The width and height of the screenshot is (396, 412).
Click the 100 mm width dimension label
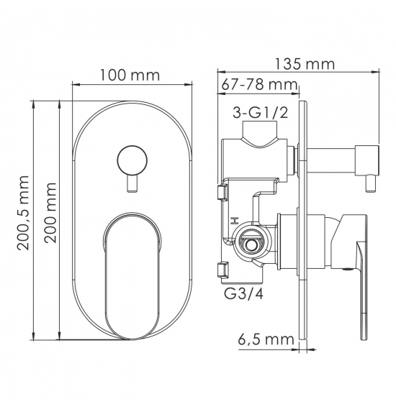[x=130, y=75]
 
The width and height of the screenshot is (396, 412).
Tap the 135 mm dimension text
[x=305, y=64]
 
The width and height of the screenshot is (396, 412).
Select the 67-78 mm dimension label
[x=259, y=85]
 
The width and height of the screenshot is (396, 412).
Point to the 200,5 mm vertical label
[x=22, y=213]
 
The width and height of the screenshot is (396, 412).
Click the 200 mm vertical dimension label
[x=50, y=213]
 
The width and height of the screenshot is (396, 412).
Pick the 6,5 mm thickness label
[x=266, y=339]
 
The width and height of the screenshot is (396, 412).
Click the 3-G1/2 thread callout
[x=260, y=114]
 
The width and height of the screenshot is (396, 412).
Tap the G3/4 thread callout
[x=243, y=294]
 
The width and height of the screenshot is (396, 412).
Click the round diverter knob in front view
[x=132, y=160]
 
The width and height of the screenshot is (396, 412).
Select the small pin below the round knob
[x=132, y=184]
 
